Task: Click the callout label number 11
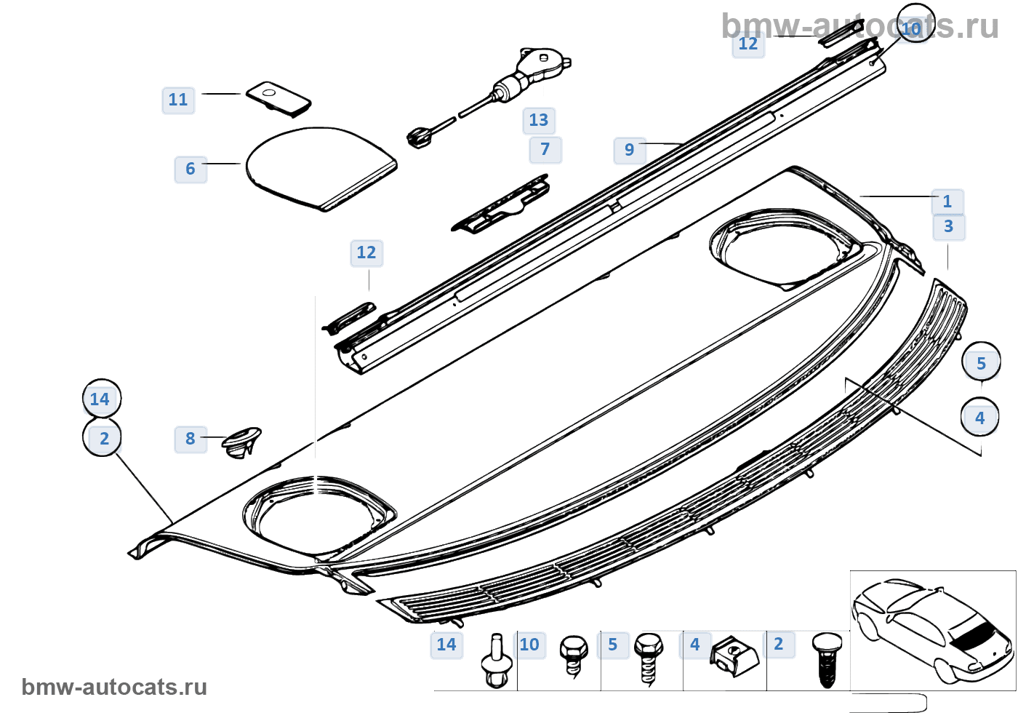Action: (x=178, y=100)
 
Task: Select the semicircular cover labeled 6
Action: (x=320, y=167)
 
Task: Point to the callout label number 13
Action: (x=539, y=120)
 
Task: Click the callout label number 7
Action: (x=545, y=149)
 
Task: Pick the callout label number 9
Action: (x=630, y=150)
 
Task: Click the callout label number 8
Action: (x=191, y=439)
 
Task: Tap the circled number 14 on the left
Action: (x=101, y=399)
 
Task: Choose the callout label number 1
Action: (x=947, y=202)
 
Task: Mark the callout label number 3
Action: (x=949, y=226)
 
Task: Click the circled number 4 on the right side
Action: (x=980, y=418)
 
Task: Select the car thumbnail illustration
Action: (x=932, y=630)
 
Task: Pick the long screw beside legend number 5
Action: (x=648, y=658)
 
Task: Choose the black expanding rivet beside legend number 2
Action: (x=827, y=658)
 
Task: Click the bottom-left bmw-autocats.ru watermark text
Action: (x=114, y=687)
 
